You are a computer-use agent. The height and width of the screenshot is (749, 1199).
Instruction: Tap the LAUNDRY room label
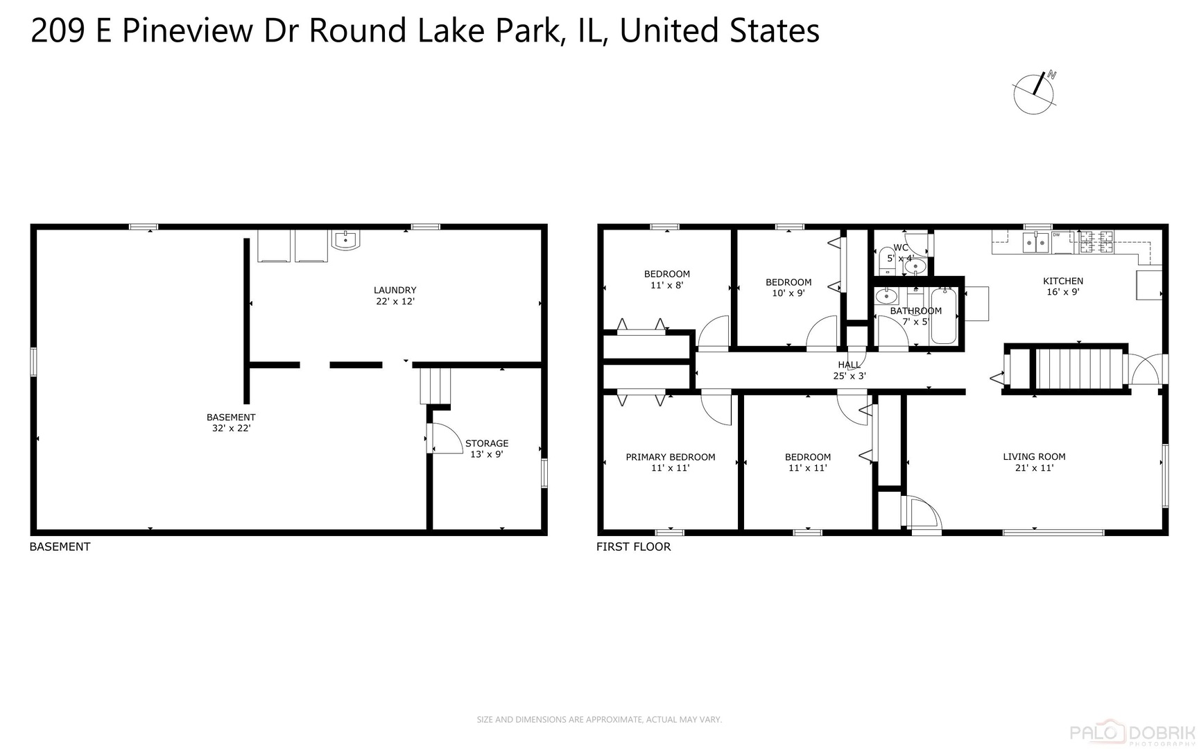click(395, 295)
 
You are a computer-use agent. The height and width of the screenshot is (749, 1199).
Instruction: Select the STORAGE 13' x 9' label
click(486, 449)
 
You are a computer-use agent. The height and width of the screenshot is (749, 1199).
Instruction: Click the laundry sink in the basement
click(345, 240)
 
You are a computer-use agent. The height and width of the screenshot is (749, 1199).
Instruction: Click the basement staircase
click(435, 386)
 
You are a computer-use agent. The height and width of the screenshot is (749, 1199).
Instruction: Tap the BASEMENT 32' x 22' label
click(231, 422)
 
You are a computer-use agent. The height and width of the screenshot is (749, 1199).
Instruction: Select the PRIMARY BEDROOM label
click(670, 462)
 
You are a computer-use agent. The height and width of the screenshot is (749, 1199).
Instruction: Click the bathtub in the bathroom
click(943, 316)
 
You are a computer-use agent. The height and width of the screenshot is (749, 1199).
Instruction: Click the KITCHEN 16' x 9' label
click(1062, 286)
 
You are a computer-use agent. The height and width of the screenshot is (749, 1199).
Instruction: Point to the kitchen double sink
click(1036, 243)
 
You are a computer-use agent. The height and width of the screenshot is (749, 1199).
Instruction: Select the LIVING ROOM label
click(1033, 462)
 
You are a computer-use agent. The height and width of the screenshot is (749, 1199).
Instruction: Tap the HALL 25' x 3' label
click(849, 370)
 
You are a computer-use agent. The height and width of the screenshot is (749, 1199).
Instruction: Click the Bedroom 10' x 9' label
click(788, 287)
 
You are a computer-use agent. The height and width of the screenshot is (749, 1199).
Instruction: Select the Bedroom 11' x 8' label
click(666, 279)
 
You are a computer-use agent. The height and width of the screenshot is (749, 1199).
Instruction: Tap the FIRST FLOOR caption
click(633, 546)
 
